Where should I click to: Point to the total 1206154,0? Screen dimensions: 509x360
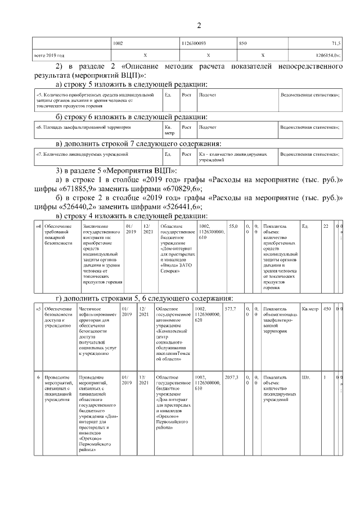click(x=328, y=56)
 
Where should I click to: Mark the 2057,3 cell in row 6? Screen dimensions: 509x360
click(x=232, y=377)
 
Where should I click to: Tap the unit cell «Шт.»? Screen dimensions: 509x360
click(x=306, y=377)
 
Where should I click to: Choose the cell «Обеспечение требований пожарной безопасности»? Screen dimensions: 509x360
click(x=56, y=234)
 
